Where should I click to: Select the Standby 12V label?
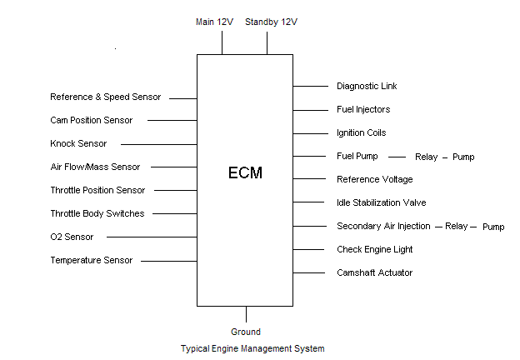[x=271, y=22]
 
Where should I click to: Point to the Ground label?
[x=246, y=332]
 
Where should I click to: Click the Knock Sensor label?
[x=78, y=143]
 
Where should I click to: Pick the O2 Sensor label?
[x=72, y=237]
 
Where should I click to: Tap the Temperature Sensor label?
[x=91, y=260]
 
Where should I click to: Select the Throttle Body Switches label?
[x=97, y=213]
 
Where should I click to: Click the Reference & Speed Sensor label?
[x=105, y=97]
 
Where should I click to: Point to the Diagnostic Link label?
[x=367, y=86]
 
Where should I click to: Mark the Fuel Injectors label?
[x=363, y=109]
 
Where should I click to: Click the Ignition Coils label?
[x=362, y=132]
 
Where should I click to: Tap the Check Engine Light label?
[x=374, y=249]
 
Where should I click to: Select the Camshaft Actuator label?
[x=374, y=272]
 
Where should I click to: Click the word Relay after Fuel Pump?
[x=426, y=157]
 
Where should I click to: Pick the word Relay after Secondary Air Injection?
[x=456, y=226]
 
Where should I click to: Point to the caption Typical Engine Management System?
[x=252, y=348]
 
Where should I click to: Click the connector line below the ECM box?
[x=246, y=314]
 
